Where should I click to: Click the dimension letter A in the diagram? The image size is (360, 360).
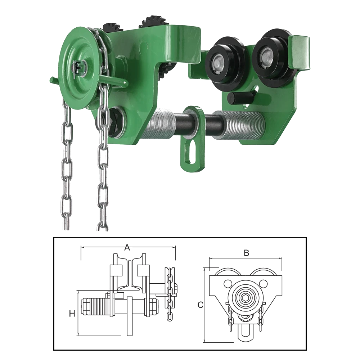click(127, 248)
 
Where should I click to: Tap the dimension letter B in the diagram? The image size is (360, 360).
click(246, 253)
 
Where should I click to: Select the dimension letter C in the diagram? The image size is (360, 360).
click(201, 305)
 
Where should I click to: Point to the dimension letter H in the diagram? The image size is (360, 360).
click(72, 314)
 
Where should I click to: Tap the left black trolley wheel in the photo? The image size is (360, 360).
click(219, 62)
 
